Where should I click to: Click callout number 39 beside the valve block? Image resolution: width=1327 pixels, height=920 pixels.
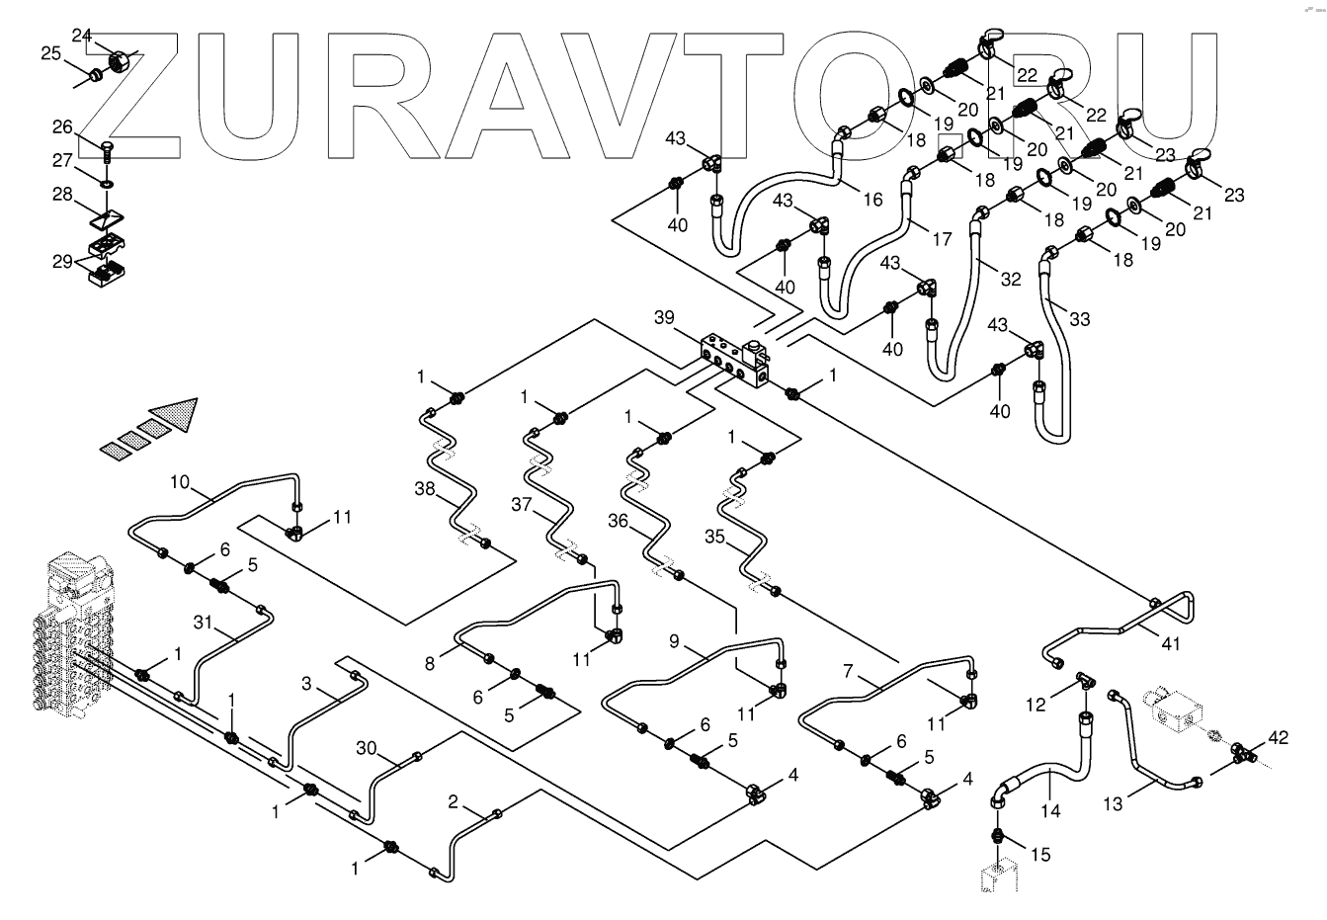(664, 317)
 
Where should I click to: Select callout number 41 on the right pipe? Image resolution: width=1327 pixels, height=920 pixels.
(1171, 643)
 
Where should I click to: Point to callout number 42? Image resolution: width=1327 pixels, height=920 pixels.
(1278, 736)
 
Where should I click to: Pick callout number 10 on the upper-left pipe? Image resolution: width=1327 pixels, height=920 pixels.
(179, 484)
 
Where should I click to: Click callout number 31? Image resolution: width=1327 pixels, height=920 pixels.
(203, 623)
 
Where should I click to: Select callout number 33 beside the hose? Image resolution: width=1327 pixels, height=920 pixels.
(1080, 318)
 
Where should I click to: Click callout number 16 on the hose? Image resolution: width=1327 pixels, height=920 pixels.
(871, 199)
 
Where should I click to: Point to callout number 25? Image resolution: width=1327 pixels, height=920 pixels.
(50, 53)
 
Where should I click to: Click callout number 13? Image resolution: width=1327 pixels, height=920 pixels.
(1114, 804)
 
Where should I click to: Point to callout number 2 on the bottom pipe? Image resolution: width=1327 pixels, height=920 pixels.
(453, 801)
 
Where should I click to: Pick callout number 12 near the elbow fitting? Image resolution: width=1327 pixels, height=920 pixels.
(1036, 705)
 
